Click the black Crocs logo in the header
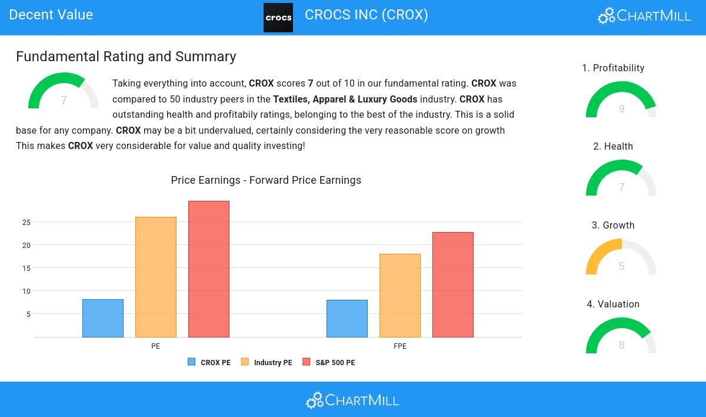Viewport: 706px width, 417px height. (x=278, y=18)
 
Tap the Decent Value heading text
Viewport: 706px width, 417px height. (x=51, y=15)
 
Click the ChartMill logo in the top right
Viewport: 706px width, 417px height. (x=644, y=15)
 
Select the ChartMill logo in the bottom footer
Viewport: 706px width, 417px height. (x=352, y=401)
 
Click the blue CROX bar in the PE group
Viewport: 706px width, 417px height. (x=103, y=318)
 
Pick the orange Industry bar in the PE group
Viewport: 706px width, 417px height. (x=156, y=277)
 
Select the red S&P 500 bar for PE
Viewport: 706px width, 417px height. (x=209, y=269)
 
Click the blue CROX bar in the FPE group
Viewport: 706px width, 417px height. (x=347, y=319)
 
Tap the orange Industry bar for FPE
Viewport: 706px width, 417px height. (x=400, y=296)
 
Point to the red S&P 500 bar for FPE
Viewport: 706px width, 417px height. (x=453, y=284)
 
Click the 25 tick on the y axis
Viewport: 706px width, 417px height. (x=26, y=223)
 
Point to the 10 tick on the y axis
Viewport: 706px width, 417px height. (x=26, y=292)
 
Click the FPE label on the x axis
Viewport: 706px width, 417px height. (x=400, y=346)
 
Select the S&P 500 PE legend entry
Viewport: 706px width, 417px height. (x=329, y=363)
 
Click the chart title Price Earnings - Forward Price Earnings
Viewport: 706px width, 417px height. (x=266, y=180)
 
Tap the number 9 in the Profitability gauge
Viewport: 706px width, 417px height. (x=621, y=109)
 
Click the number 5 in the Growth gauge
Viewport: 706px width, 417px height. (x=621, y=266)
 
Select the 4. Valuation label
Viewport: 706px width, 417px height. (x=613, y=305)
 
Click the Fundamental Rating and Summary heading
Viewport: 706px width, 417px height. (x=126, y=57)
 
